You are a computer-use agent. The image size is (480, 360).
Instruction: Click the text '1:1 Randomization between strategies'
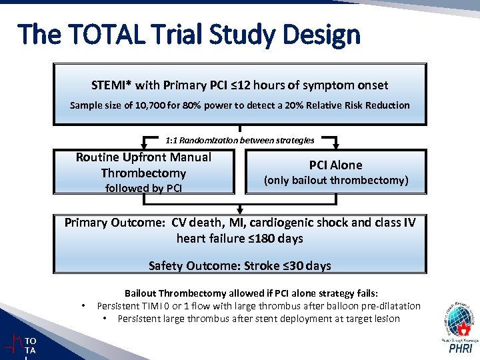click(x=240, y=140)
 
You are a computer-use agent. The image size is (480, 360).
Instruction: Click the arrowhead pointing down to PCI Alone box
click(x=335, y=145)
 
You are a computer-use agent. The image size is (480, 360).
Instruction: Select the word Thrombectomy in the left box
click(x=143, y=173)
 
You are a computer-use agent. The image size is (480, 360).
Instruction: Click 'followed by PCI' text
click(x=143, y=189)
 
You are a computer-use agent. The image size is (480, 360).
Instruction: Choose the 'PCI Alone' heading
click(x=335, y=165)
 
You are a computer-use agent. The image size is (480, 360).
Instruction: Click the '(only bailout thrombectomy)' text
click(x=335, y=180)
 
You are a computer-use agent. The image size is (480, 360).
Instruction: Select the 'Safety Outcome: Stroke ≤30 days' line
click(x=240, y=266)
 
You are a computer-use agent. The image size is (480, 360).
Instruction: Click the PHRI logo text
click(x=461, y=349)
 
